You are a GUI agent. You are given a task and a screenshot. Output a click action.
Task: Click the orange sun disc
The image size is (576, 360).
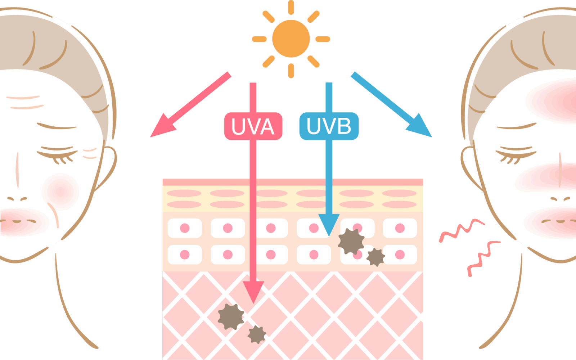tap(291, 39)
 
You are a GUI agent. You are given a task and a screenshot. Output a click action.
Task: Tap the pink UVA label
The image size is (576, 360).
tap(253, 126)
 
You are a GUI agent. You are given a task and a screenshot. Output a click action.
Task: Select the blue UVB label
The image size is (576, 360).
tap(329, 126)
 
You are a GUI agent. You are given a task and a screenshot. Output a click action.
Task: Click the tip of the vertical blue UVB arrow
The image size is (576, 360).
tap(329, 236)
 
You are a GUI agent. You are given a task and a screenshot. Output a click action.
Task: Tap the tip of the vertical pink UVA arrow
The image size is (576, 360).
tap(253, 303)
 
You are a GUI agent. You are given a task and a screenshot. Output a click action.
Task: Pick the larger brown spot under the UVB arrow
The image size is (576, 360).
tap(351, 242)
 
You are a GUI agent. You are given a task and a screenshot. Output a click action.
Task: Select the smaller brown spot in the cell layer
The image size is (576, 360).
tap(376, 257)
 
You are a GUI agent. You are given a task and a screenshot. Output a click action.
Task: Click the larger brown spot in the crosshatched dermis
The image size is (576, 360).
tap(231, 316)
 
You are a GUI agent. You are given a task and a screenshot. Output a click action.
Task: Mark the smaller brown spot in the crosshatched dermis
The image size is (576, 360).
tap(257, 334)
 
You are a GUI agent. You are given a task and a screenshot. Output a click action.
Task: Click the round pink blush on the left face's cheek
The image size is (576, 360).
tap(60, 192)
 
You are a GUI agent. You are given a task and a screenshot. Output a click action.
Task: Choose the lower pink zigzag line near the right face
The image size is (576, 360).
tap(483, 258)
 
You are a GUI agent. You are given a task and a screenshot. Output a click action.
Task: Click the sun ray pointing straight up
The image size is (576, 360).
tap(291, 7)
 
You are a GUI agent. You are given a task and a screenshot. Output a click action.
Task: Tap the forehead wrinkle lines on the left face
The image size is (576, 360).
tap(25, 102)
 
